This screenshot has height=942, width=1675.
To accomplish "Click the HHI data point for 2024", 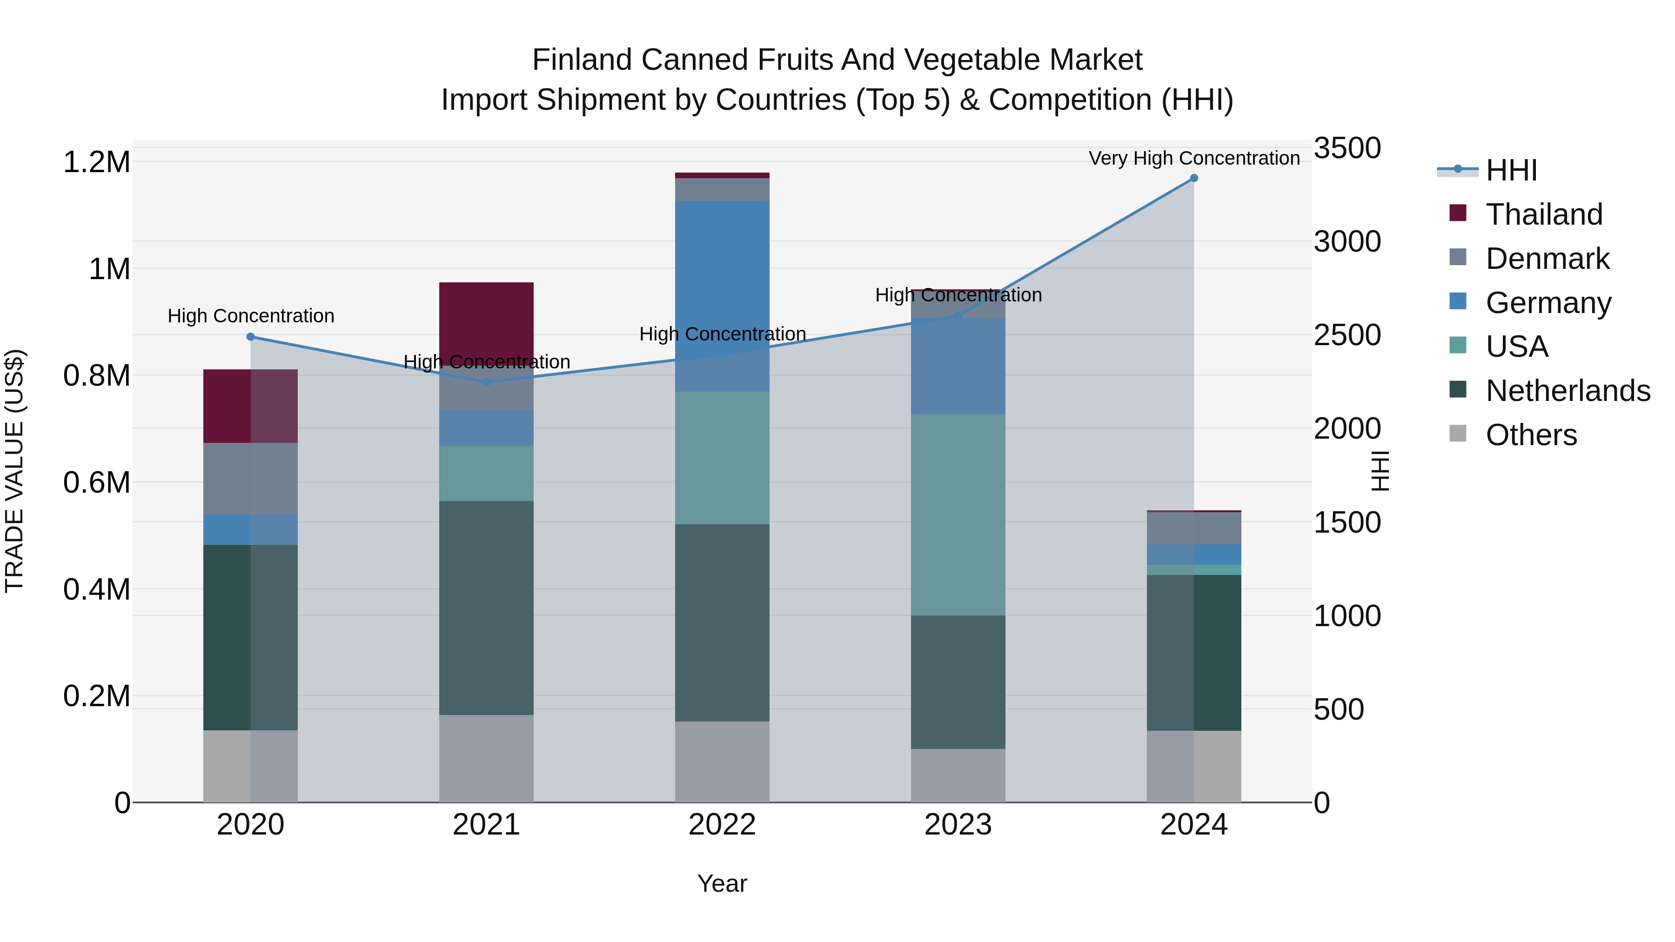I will [x=1194, y=178].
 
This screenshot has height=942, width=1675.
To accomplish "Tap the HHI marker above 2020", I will [x=250, y=337].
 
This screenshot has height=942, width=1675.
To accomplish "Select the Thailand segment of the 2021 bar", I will [x=486, y=319].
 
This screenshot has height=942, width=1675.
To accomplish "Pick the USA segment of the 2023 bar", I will [x=958, y=514].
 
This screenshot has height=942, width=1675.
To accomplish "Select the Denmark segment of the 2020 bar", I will [x=250, y=479].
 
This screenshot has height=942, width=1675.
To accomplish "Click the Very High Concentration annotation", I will [x=1194, y=159].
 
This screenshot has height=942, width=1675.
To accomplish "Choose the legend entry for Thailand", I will [x=1544, y=214].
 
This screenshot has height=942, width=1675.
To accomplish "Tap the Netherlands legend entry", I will [x=1568, y=391].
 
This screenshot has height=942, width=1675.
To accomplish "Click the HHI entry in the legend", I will [x=1511, y=170].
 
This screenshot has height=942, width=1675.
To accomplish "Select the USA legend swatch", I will [x=1459, y=345].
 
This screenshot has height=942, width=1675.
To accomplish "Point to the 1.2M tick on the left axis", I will [x=97, y=162].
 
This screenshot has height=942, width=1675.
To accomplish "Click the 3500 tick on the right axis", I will [x=1347, y=148].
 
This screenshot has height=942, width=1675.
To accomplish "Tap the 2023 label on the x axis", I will [x=958, y=825].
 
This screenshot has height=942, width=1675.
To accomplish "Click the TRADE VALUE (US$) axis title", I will [x=14, y=471].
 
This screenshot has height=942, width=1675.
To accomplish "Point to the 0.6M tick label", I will [x=97, y=482].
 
